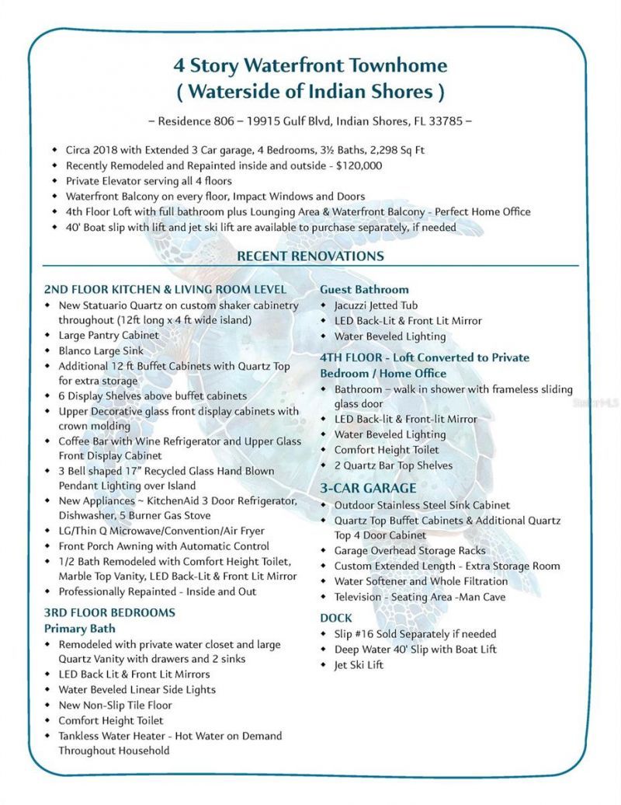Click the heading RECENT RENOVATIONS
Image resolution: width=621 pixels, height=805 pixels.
point(310,256)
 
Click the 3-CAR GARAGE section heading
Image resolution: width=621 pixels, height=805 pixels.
point(368,488)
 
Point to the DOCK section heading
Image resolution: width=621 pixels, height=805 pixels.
point(336,618)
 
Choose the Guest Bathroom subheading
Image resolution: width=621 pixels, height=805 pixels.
point(364,290)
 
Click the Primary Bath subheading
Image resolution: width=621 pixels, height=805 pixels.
point(79,628)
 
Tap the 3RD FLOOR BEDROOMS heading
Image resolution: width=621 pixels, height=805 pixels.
point(109,612)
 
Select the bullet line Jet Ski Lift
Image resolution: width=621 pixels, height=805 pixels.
point(359,665)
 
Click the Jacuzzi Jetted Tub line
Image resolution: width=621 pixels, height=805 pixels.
point(376,305)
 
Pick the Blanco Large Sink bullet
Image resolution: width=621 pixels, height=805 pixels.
point(101,350)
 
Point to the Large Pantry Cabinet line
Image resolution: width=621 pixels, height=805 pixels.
point(109,335)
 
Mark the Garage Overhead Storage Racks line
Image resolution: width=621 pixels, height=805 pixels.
point(410,550)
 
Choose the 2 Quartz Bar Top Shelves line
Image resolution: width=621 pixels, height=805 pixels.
point(394,465)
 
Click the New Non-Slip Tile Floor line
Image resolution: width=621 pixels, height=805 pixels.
point(115,705)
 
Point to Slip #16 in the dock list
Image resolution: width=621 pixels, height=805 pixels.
point(357,634)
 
